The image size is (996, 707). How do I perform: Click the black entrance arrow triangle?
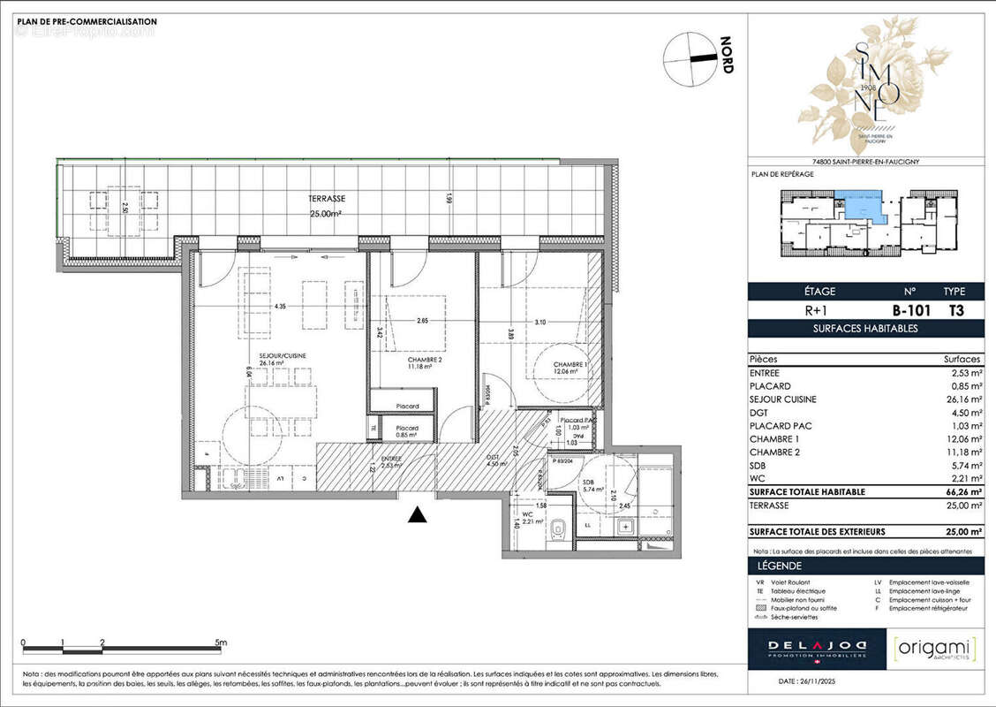coord(418,515)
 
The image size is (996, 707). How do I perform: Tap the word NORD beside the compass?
coord(727,55)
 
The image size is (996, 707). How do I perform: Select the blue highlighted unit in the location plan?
coord(860,205)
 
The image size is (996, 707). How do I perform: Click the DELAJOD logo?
coord(807,649)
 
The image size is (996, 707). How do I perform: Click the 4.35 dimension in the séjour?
coord(280,307)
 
